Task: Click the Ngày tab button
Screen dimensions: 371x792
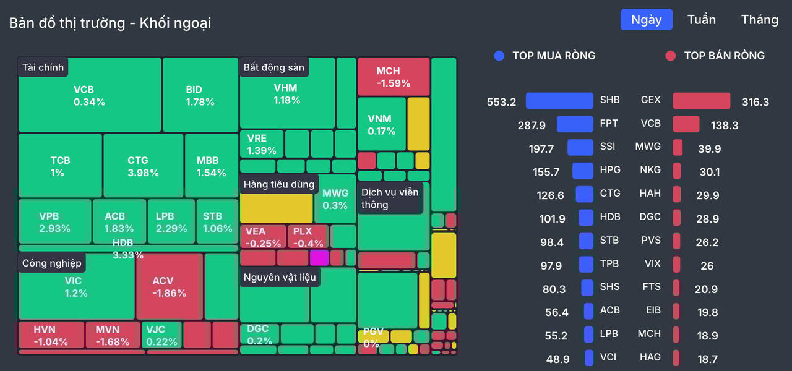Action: point(646,20)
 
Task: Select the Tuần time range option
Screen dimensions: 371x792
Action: point(701,20)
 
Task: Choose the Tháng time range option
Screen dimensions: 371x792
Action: point(759,20)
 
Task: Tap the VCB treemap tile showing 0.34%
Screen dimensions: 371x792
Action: point(89,95)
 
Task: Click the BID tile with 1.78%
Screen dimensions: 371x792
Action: point(200,95)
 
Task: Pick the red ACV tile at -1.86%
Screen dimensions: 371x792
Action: point(169,287)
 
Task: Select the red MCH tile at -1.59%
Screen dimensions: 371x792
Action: point(393,77)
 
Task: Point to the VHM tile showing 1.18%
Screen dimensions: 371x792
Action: point(286,94)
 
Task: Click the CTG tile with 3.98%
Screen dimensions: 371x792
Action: point(143,166)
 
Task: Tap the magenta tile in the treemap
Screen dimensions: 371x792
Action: point(319,258)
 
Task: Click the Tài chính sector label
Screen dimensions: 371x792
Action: point(43,67)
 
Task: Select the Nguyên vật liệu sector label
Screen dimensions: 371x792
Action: point(280,277)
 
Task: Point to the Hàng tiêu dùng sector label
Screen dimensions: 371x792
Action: point(279,184)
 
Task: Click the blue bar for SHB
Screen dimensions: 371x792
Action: point(559,101)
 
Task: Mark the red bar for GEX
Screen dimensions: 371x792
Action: point(701,101)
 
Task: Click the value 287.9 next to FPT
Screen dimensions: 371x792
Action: point(532,126)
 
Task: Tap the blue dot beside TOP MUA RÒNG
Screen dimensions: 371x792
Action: point(499,56)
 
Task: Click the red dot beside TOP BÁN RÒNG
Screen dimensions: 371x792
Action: point(670,56)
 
